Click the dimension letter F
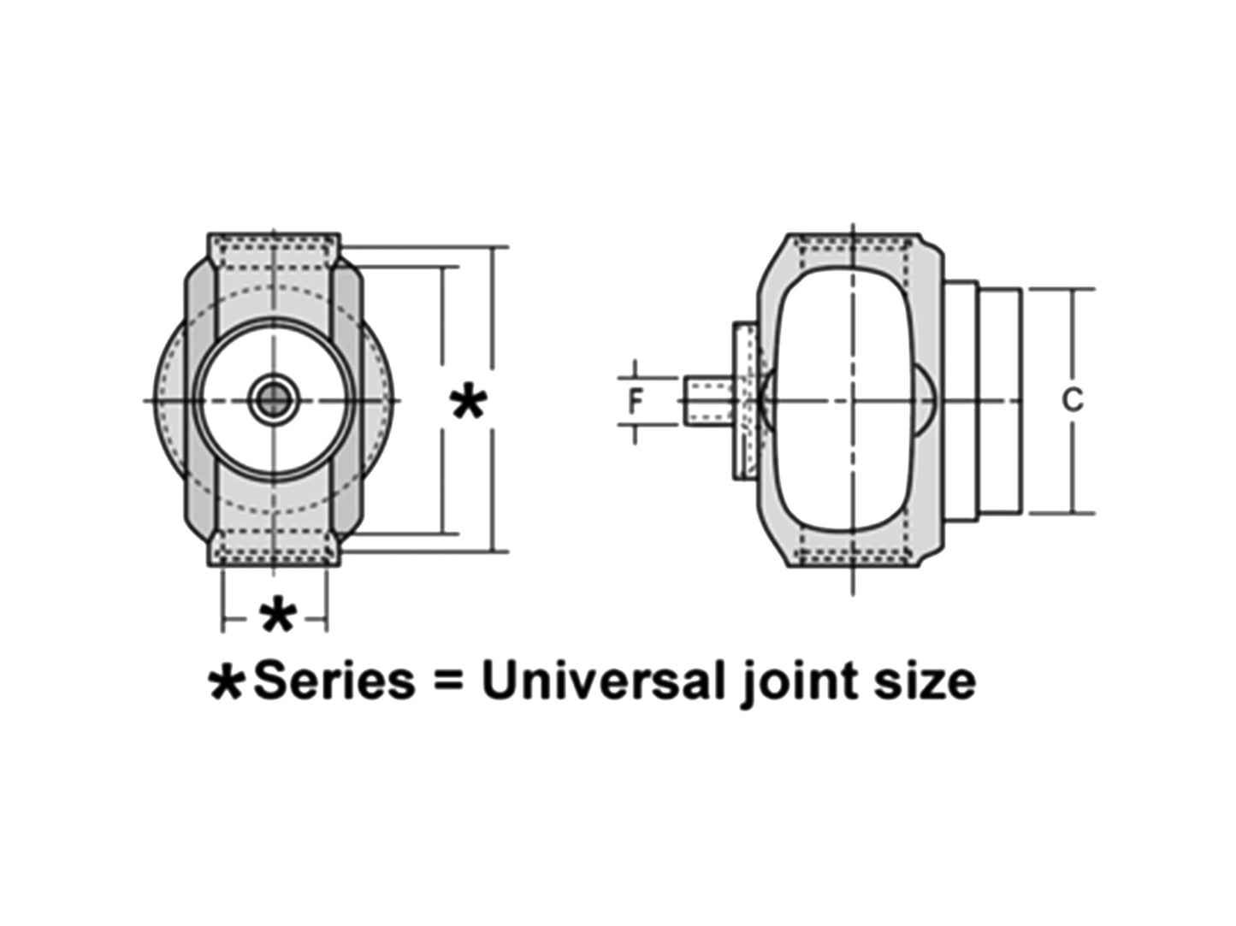point(635,400)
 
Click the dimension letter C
point(1072,399)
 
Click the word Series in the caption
point(334,681)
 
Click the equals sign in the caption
point(447,681)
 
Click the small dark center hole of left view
point(274,399)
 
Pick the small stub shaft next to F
point(706,400)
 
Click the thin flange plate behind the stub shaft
point(745,400)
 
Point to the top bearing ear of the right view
point(853,252)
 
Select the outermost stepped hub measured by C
point(1000,400)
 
